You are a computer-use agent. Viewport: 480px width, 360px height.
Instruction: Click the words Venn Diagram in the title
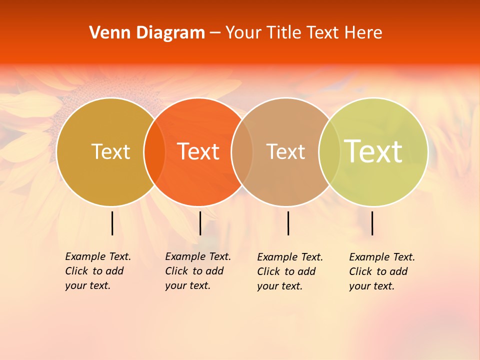(147, 33)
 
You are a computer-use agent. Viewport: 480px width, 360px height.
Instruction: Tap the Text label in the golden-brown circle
(110, 151)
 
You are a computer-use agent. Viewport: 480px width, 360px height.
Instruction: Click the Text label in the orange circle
(198, 151)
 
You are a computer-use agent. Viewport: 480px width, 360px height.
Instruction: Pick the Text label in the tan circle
(285, 151)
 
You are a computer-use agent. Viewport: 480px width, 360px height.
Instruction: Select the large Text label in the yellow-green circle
(373, 151)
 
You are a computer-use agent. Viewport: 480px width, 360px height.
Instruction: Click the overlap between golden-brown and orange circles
(154, 152)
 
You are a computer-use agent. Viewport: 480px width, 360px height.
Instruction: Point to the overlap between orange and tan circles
(242, 152)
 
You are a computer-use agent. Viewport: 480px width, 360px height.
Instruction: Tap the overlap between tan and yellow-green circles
(329, 152)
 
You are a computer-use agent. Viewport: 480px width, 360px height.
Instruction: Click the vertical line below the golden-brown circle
(112, 223)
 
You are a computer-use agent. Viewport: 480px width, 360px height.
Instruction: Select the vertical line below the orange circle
(200, 223)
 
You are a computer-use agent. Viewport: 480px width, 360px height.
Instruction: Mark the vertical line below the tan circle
(288, 223)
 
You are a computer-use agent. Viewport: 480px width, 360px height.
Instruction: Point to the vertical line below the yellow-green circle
(372, 223)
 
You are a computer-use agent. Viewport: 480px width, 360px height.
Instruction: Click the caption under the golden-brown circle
(97, 271)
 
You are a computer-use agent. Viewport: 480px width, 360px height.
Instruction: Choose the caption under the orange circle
(197, 271)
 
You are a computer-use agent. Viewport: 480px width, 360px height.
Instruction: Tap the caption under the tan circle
(289, 271)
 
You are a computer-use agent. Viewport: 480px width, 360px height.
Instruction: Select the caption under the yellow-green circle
(381, 271)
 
